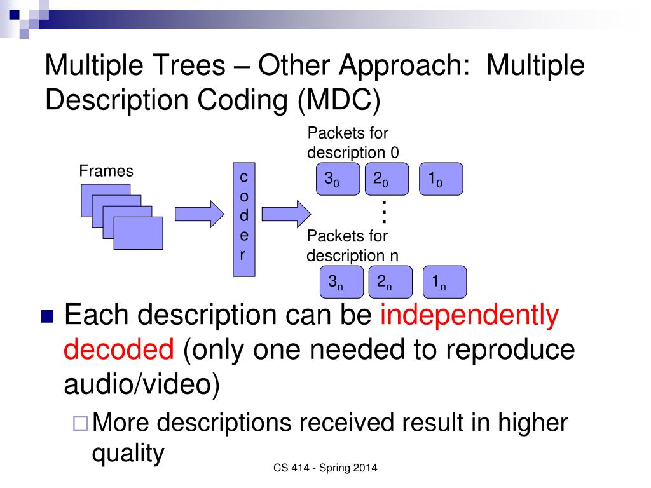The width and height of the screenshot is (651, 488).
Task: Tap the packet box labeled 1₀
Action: tap(441, 179)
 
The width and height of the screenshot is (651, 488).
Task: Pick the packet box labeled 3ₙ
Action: tap(341, 281)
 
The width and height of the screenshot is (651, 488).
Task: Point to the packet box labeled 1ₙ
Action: tap(444, 281)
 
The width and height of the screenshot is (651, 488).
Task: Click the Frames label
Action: tap(106, 171)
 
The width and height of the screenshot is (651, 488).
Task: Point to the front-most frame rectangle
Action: tap(138, 233)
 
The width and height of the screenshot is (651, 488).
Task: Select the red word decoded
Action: tap(119, 349)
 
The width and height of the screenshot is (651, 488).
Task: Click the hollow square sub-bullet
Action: tap(81, 422)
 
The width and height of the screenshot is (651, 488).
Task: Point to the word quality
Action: tap(128, 453)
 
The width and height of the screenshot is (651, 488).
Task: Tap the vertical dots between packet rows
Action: tap(385, 212)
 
